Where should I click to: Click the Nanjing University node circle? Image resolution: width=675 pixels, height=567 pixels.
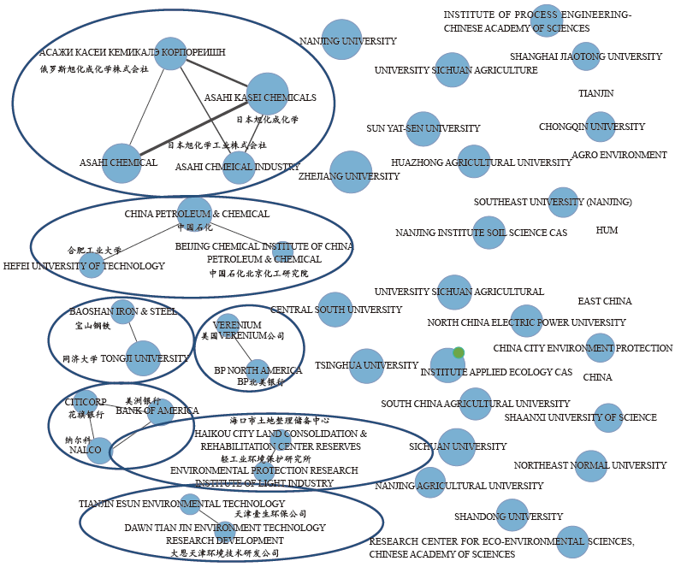(341, 40)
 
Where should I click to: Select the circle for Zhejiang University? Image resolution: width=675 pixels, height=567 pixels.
(351, 172)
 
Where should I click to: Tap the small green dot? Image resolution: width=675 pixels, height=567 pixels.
(459, 352)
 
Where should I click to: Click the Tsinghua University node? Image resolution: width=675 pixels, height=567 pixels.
(366, 366)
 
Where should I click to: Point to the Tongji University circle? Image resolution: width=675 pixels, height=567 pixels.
(143, 358)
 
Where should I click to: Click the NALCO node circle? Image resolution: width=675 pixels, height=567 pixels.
(99, 450)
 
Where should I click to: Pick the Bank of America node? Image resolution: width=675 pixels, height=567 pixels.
(160, 413)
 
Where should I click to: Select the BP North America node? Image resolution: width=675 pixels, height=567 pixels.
(257, 370)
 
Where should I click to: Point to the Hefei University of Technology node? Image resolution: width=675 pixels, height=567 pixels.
(92, 265)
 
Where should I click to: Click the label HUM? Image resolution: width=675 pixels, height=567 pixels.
(607, 231)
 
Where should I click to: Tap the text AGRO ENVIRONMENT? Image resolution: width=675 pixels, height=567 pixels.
(619, 156)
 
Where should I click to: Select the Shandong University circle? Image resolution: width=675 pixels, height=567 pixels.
(512, 515)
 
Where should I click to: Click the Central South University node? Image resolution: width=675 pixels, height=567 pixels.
(335, 310)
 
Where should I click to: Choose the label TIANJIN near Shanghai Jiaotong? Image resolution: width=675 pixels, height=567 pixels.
(595, 93)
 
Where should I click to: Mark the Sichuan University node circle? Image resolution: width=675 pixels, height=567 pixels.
(456, 446)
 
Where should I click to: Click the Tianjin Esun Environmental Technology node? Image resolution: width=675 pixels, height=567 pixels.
(191, 505)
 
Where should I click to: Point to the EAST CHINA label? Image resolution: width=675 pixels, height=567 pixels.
(604, 302)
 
